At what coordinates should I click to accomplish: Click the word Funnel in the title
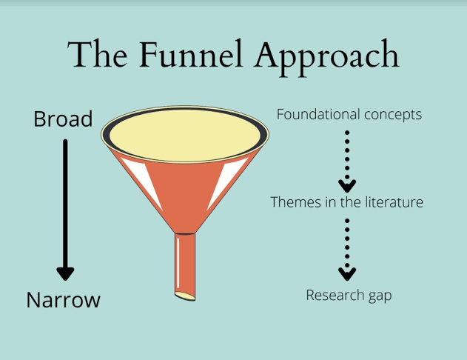click(x=191, y=54)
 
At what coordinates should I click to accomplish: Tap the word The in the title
click(x=98, y=54)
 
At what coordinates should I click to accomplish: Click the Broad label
click(x=63, y=119)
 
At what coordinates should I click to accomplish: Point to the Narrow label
click(x=64, y=299)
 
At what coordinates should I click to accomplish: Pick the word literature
click(x=394, y=202)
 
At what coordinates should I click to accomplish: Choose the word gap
click(x=380, y=296)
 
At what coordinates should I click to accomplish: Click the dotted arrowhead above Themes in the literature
click(x=347, y=186)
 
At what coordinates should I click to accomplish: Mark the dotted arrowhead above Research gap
click(x=347, y=274)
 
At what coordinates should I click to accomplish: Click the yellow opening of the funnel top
click(x=185, y=135)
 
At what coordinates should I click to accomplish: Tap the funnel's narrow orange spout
click(x=185, y=265)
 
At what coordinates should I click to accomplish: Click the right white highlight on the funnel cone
click(x=227, y=182)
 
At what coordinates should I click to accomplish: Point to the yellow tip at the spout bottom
click(x=185, y=296)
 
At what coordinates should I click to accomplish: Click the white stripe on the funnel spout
click(x=178, y=263)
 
